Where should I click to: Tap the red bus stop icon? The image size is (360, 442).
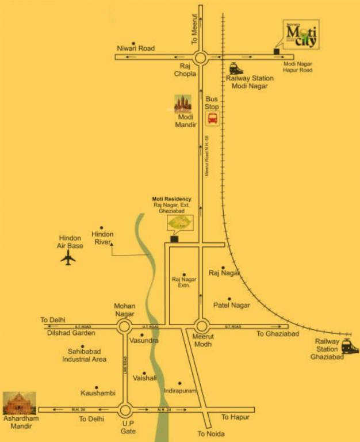pos(212,119)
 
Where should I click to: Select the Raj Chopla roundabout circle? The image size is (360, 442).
pos(200,57)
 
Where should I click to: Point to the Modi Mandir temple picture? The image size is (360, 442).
pos(183,104)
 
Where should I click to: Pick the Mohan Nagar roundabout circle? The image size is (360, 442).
pos(124,327)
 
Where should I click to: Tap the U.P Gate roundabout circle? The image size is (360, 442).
pos(125,410)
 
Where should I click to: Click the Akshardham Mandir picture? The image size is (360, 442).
pos(20,403)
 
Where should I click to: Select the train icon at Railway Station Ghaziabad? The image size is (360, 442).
pos(348,346)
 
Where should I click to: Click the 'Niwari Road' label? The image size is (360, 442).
pos(136,49)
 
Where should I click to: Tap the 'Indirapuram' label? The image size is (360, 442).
pos(180,391)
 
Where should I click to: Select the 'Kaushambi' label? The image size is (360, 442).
pos(98,393)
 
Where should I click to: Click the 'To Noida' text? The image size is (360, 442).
pos(211,433)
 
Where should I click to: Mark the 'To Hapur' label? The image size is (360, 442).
pos(235,417)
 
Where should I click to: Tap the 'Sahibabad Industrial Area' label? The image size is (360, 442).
pos(85,355)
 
